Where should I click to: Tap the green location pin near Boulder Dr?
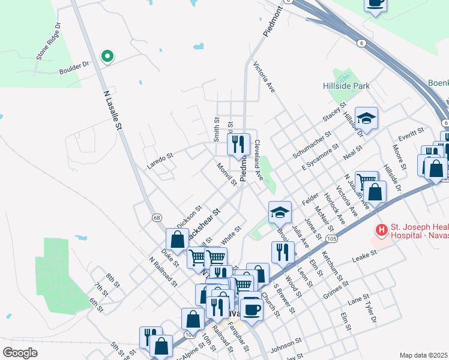(x=107, y=56)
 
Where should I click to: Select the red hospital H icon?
(x=381, y=230)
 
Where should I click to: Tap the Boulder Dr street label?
(x=74, y=68)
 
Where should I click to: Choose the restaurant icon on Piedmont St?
(x=238, y=143)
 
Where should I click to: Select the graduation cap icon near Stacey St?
(x=366, y=118)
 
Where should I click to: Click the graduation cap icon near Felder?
(x=279, y=211)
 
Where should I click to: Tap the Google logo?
(x=20, y=353)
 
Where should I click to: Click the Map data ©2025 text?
(x=423, y=355)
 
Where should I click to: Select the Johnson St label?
(x=285, y=344)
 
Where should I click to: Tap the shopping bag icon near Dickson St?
(x=178, y=239)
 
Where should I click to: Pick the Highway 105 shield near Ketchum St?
(x=331, y=240)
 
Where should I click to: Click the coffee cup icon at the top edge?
(x=376, y=4)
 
